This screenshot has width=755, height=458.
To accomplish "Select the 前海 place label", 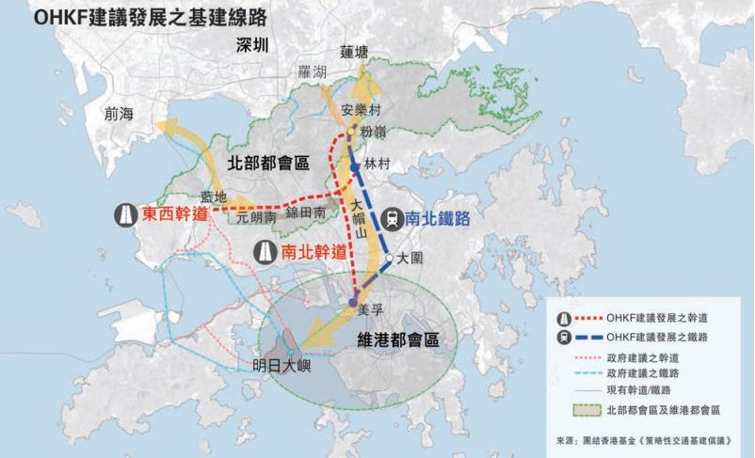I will point(120,113).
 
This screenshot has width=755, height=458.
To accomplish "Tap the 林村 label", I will point(376,162).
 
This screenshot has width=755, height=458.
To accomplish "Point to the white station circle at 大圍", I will point(388,256).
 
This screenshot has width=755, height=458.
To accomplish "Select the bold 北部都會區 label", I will point(268,162).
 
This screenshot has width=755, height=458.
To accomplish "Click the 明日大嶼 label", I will point(282,368).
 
